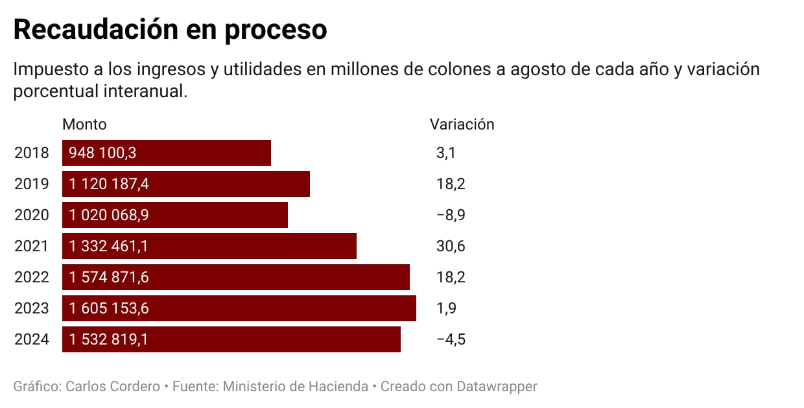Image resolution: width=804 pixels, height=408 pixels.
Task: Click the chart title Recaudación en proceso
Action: [170, 30]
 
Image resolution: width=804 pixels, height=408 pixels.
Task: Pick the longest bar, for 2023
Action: [292, 308]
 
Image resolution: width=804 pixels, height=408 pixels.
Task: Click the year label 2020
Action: [32, 215]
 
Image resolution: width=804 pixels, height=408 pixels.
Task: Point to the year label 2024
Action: [32, 339]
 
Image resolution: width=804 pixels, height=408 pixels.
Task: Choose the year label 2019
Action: [32, 184]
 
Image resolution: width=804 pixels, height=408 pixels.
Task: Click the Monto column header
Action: [84, 124]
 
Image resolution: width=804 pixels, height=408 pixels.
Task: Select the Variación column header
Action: [462, 124]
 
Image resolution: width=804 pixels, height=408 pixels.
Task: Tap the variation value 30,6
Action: [451, 246]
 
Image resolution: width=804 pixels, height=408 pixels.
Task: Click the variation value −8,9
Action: [451, 215]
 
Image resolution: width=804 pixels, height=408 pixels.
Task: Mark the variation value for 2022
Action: [451, 277]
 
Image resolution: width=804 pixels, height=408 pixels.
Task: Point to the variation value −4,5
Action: [451, 339]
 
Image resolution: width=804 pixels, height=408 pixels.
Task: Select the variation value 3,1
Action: [446, 153]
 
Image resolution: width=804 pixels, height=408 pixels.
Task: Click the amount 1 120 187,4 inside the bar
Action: [109, 184]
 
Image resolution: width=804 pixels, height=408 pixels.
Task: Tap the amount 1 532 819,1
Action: [109, 339]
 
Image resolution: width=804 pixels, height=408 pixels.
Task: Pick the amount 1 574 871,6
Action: [109, 277]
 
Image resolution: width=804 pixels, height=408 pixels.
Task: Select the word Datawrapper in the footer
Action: [497, 387]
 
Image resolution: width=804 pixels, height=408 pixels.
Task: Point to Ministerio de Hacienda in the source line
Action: [295, 387]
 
